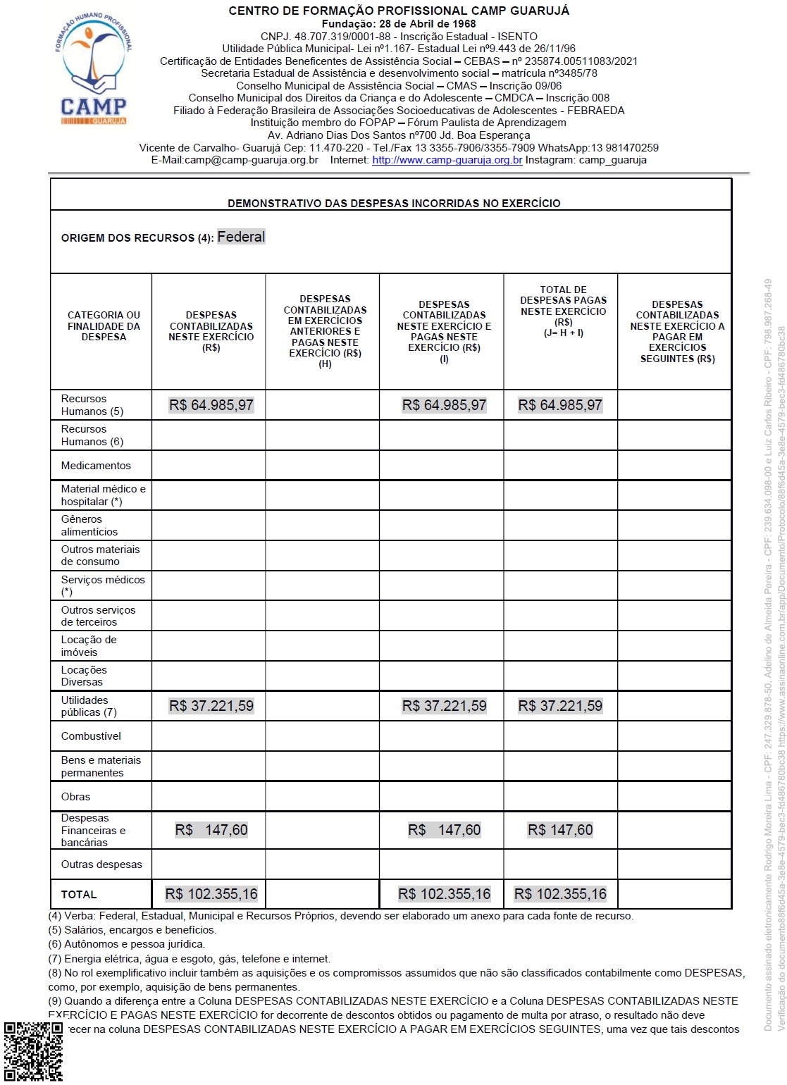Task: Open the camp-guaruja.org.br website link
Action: pyautogui.click(x=447, y=160)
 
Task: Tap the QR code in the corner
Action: pyautogui.click(x=32, y=1051)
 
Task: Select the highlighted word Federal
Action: pyautogui.click(x=241, y=237)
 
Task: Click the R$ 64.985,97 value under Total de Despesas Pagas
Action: pyautogui.click(x=560, y=405)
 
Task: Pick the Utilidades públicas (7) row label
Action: pyautogui.click(x=89, y=706)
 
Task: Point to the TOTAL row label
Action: pyautogui.click(x=79, y=894)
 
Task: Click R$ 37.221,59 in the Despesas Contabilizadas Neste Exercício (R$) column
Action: pyautogui.click(x=211, y=706)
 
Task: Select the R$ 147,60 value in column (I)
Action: pyautogui.click(x=444, y=830)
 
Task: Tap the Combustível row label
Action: pyautogui.click(x=91, y=736)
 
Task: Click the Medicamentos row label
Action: pyautogui.click(x=96, y=466)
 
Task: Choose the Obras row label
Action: pyautogui.click(x=75, y=797)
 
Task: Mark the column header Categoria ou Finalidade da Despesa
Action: pyautogui.click(x=104, y=326)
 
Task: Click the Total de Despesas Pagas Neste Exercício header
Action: pyautogui.click(x=563, y=311)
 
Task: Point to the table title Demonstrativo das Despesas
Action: pyautogui.click(x=394, y=203)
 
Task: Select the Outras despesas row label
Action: pyautogui.click(x=101, y=864)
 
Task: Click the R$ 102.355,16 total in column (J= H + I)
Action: pyautogui.click(x=560, y=894)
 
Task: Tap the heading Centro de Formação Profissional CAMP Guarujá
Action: pyautogui.click(x=399, y=11)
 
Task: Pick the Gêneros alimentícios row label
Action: pyautogui.click(x=89, y=526)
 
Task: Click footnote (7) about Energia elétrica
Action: pyautogui.click(x=189, y=958)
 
